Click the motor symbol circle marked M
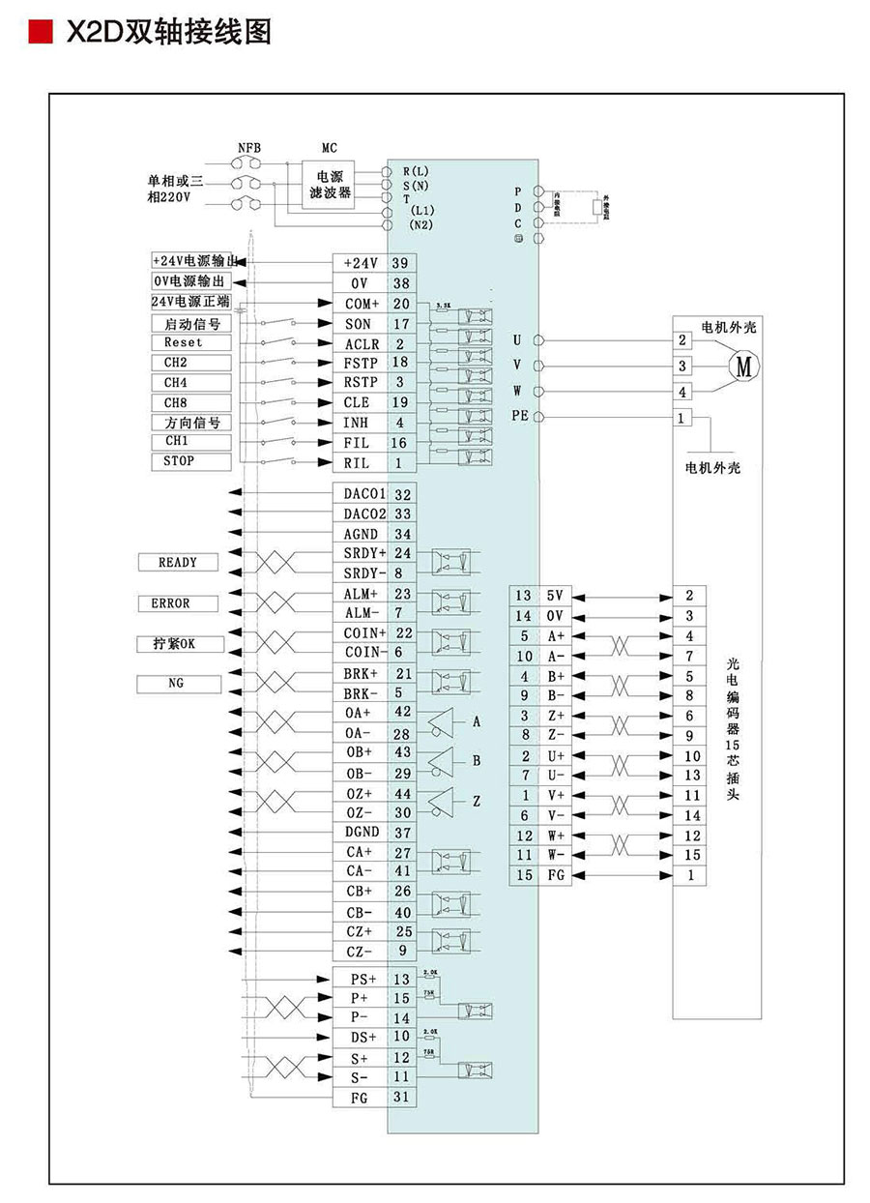(x=743, y=366)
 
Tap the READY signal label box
(x=177, y=562)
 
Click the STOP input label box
(x=191, y=461)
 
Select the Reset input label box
(x=191, y=343)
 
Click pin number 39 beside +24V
(x=401, y=263)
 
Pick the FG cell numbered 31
(x=401, y=1097)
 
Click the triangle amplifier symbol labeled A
(x=442, y=721)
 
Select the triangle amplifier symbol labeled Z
(x=442, y=801)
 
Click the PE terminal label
(x=519, y=417)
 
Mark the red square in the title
(x=40, y=33)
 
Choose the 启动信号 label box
(x=191, y=324)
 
